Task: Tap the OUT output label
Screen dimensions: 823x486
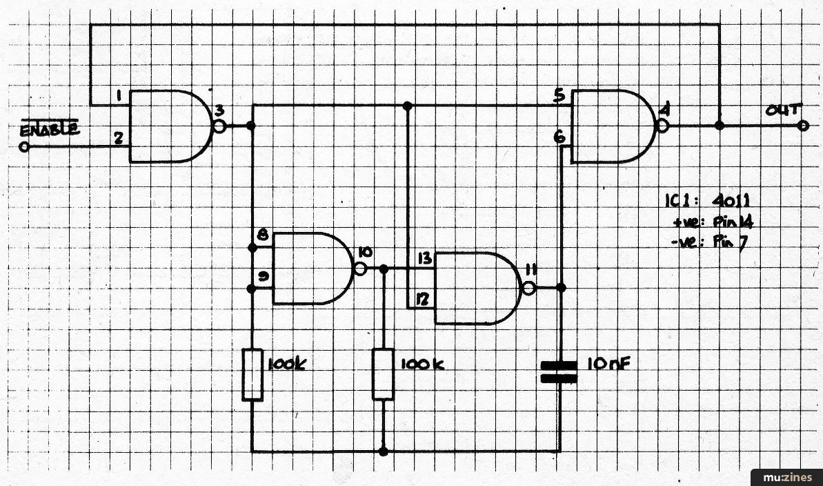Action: (x=782, y=110)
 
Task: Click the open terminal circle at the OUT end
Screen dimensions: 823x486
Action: (x=802, y=126)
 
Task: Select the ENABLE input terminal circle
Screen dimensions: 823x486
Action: (x=24, y=146)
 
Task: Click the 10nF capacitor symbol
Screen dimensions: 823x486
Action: (x=559, y=371)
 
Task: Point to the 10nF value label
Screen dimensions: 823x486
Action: (x=608, y=364)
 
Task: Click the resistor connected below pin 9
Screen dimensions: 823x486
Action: (x=252, y=375)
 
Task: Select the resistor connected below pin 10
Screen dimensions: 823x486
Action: (x=383, y=374)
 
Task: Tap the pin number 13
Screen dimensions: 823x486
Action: (x=425, y=258)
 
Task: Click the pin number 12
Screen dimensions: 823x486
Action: (x=423, y=300)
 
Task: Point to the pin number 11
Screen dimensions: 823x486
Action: (x=531, y=270)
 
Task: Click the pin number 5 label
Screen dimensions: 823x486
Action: (x=559, y=96)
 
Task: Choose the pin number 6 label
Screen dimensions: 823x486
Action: (x=559, y=137)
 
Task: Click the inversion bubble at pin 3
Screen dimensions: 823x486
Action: (x=219, y=126)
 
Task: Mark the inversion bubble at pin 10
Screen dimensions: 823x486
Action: (x=361, y=269)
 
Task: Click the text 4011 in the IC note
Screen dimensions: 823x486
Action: (x=731, y=200)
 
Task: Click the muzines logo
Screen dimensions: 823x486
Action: (x=787, y=478)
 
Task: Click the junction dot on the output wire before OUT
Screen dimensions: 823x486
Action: (x=720, y=126)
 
